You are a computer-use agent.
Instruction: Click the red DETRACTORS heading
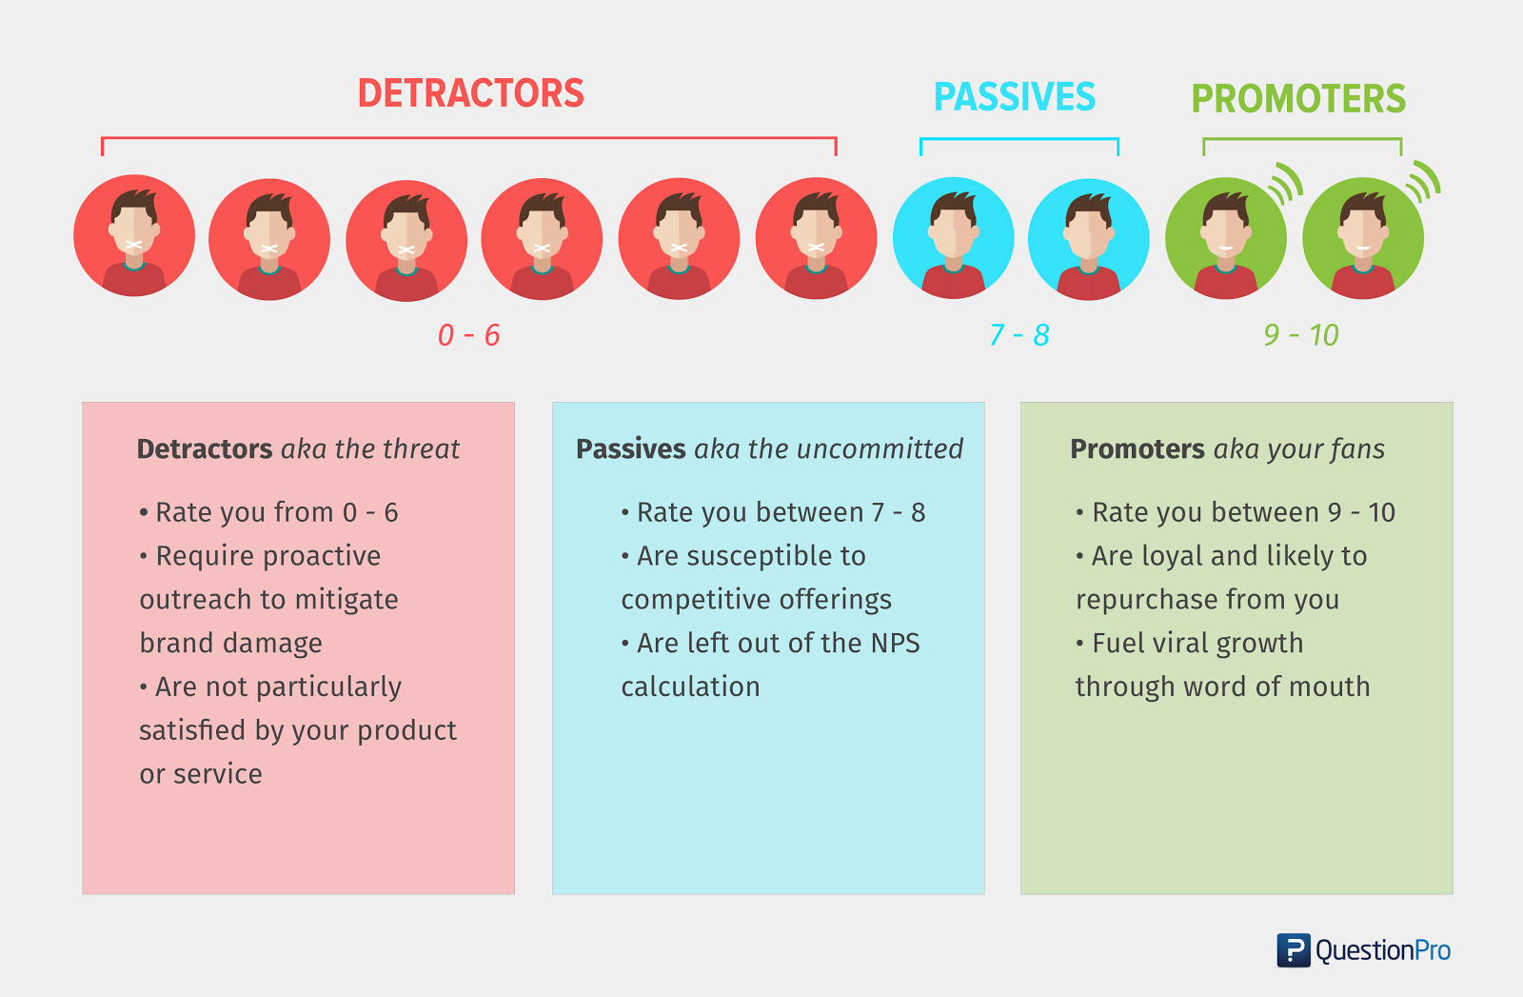470,93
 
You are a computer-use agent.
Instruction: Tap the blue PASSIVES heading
1015,96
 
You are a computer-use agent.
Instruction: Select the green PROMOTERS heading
1298,99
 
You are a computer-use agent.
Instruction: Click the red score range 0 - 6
469,334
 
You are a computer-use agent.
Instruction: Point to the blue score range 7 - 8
1019,334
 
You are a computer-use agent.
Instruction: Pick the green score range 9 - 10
1301,334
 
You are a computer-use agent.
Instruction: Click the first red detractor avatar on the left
134,235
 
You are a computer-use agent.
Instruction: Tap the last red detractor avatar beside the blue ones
816,238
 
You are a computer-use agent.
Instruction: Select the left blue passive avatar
953,238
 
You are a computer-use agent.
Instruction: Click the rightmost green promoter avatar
1363,238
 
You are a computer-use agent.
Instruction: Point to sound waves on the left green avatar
1286,183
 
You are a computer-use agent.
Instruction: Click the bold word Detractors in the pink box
205,449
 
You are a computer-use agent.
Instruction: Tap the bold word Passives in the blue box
631,449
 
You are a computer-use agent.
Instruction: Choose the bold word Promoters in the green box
1137,449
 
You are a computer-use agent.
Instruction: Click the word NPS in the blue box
896,643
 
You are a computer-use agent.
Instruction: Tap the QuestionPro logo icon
1294,950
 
